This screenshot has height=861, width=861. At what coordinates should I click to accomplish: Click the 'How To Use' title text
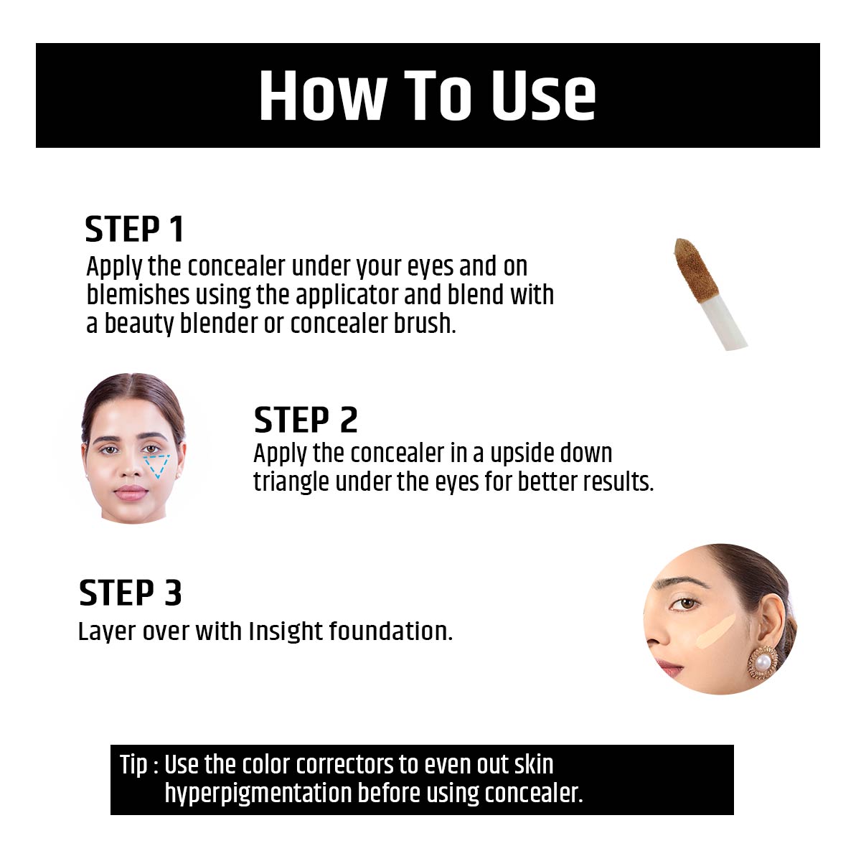(428, 95)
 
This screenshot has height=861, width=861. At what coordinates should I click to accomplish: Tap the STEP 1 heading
(135, 230)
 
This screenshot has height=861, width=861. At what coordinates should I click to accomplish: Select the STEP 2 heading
(306, 420)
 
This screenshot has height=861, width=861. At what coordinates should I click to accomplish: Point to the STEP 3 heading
(131, 593)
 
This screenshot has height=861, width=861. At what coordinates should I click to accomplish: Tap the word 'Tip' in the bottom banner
(133, 765)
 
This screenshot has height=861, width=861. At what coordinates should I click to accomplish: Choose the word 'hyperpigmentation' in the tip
(258, 794)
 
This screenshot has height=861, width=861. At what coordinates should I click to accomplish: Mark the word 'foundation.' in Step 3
(391, 631)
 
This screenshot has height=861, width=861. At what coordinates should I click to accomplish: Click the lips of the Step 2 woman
(131, 492)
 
